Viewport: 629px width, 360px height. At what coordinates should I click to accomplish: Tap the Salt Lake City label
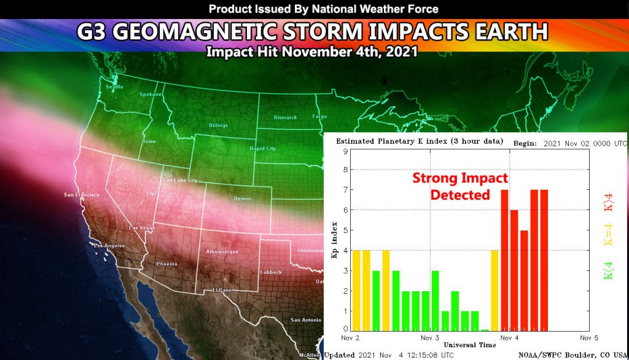point(179,181)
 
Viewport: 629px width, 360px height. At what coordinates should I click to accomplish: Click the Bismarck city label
point(286,117)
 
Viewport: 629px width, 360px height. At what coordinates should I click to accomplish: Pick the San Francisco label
point(82,195)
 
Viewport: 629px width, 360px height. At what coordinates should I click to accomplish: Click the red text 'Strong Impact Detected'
point(459,186)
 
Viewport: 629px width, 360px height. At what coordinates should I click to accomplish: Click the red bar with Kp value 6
point(514,270)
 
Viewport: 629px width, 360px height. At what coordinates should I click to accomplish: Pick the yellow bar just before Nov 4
point(494,290)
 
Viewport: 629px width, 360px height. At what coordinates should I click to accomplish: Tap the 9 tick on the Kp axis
point(346,151)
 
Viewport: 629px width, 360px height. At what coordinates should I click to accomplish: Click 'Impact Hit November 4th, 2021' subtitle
point(312,52)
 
